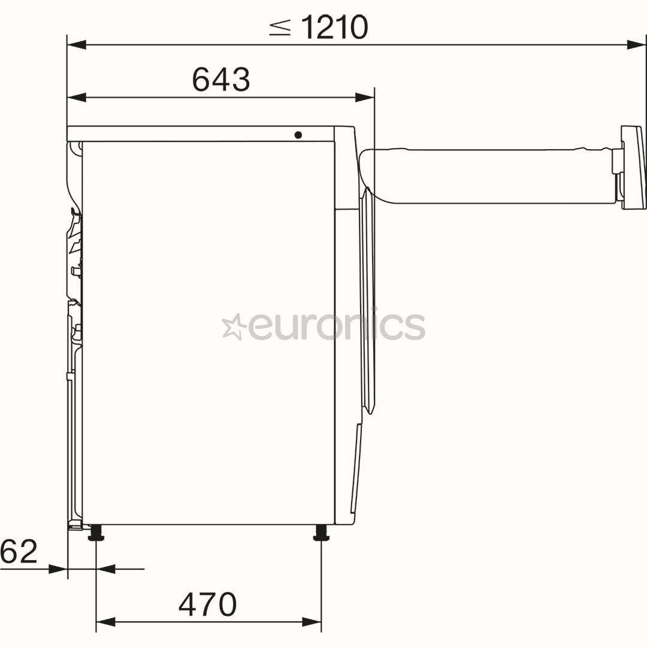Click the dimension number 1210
[x=334, y=27]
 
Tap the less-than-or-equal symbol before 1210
[x=280, y=28]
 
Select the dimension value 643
[x=221, y=79]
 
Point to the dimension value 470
[x=207, y=604]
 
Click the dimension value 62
[x=19, y=551]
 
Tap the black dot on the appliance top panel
[x=298, y=135]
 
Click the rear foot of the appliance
[x=96, y=533]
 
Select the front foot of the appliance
[x=322, y=533]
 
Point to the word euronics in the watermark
[x=336, y=325]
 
